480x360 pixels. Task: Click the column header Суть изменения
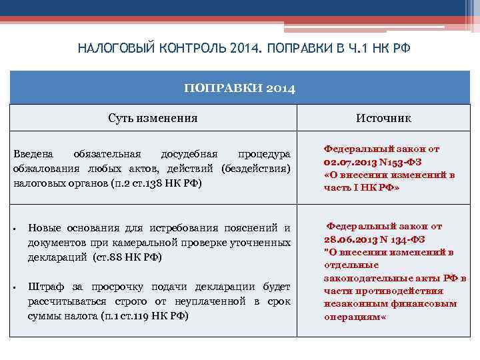click(153, 118)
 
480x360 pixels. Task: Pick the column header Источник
click(383, 118)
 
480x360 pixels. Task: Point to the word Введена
click(31, 155)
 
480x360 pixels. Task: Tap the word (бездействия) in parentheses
click(257, 168)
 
